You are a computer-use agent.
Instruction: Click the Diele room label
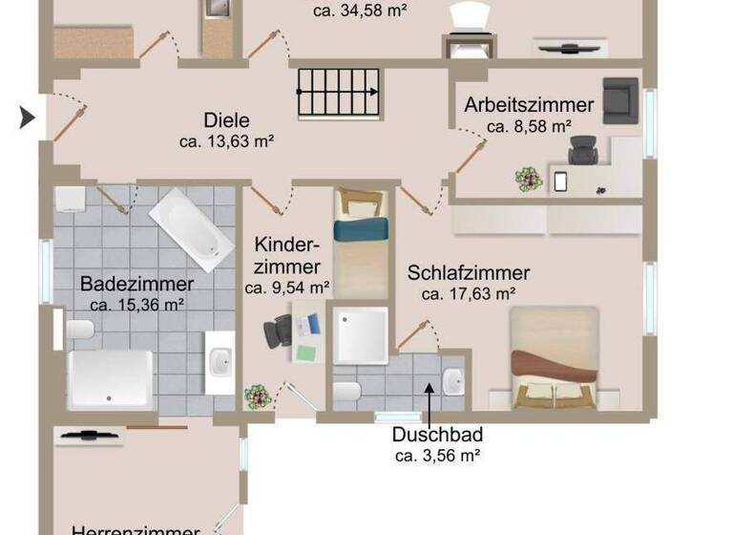coord(227,120)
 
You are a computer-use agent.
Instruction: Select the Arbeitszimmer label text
coord(529,105)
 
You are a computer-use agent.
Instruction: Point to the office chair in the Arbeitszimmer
coord(582,150)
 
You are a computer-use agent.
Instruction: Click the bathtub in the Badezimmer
coord(191,227)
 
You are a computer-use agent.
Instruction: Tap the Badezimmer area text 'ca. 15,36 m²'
coord(136,305)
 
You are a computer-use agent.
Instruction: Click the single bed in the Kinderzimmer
coord(361,243)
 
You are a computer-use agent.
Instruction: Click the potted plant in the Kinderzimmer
coord(256,396)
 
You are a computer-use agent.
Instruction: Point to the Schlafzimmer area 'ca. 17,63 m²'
coord(469,293)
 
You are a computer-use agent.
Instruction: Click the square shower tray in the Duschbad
coord(360,334)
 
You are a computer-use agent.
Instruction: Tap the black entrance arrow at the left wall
coord(28,118)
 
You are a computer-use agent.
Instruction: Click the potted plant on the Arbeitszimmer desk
coord(528,178)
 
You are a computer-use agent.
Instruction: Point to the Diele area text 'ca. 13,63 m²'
coord(227,141)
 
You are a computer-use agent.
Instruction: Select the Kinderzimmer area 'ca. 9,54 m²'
coord(287,287)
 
